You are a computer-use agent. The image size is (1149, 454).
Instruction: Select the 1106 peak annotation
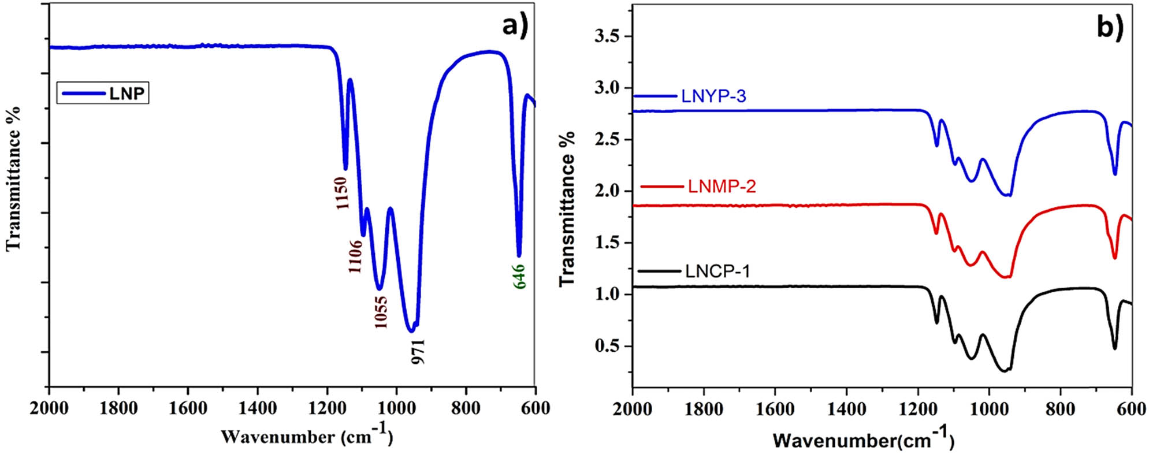[355, 256]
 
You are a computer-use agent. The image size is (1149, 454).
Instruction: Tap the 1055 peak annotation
[381, 311]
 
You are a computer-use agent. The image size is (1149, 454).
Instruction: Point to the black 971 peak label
[418, 352]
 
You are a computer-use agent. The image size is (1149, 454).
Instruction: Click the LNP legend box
[103, 93]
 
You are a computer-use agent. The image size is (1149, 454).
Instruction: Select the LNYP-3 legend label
[713, 96]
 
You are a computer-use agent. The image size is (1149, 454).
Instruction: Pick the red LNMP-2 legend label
[722, 187]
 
